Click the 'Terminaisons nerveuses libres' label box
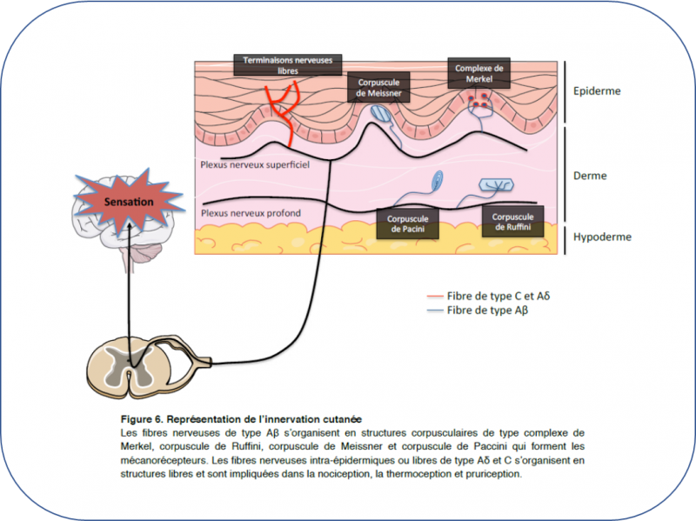(288, 65)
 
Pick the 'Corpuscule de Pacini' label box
(407, 222)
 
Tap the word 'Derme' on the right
(591, 175)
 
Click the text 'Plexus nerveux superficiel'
(255, 163)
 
